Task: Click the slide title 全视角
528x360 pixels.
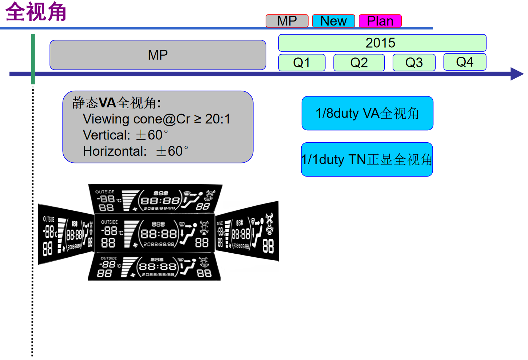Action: click(x=36, y=12)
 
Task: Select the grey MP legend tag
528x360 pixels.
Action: click(x=287, y=21)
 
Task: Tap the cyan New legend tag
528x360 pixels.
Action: click(x=333, y=21)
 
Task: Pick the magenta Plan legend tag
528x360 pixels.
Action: click(x=380, y=21)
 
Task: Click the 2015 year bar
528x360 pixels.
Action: click(x=382, y=43)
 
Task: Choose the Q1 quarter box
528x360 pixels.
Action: click(x=302, y=63)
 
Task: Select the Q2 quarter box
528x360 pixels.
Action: click(x=359, y=63)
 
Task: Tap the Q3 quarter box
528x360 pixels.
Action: click(x=414, y=63)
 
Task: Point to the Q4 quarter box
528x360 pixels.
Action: click(x=465, y=62)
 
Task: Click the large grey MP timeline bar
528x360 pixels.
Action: click(x=158, y=55)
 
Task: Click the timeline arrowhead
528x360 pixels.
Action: click(x=516, y=74)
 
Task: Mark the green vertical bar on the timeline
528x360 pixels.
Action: click(x=33, y=58)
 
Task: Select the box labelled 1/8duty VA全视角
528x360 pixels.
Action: click(x=367, y=113)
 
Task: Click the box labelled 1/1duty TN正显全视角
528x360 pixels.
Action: click(x=367, y=159)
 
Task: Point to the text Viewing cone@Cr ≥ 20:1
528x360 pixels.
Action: click(x=156, y=119)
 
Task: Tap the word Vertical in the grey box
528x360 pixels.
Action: click(x=104, y=135)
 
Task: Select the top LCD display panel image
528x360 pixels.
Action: click(x=155, y=198)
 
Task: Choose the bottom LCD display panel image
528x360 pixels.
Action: click(x=154, y=268)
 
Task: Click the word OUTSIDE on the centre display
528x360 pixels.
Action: click(x=109, y=222)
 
